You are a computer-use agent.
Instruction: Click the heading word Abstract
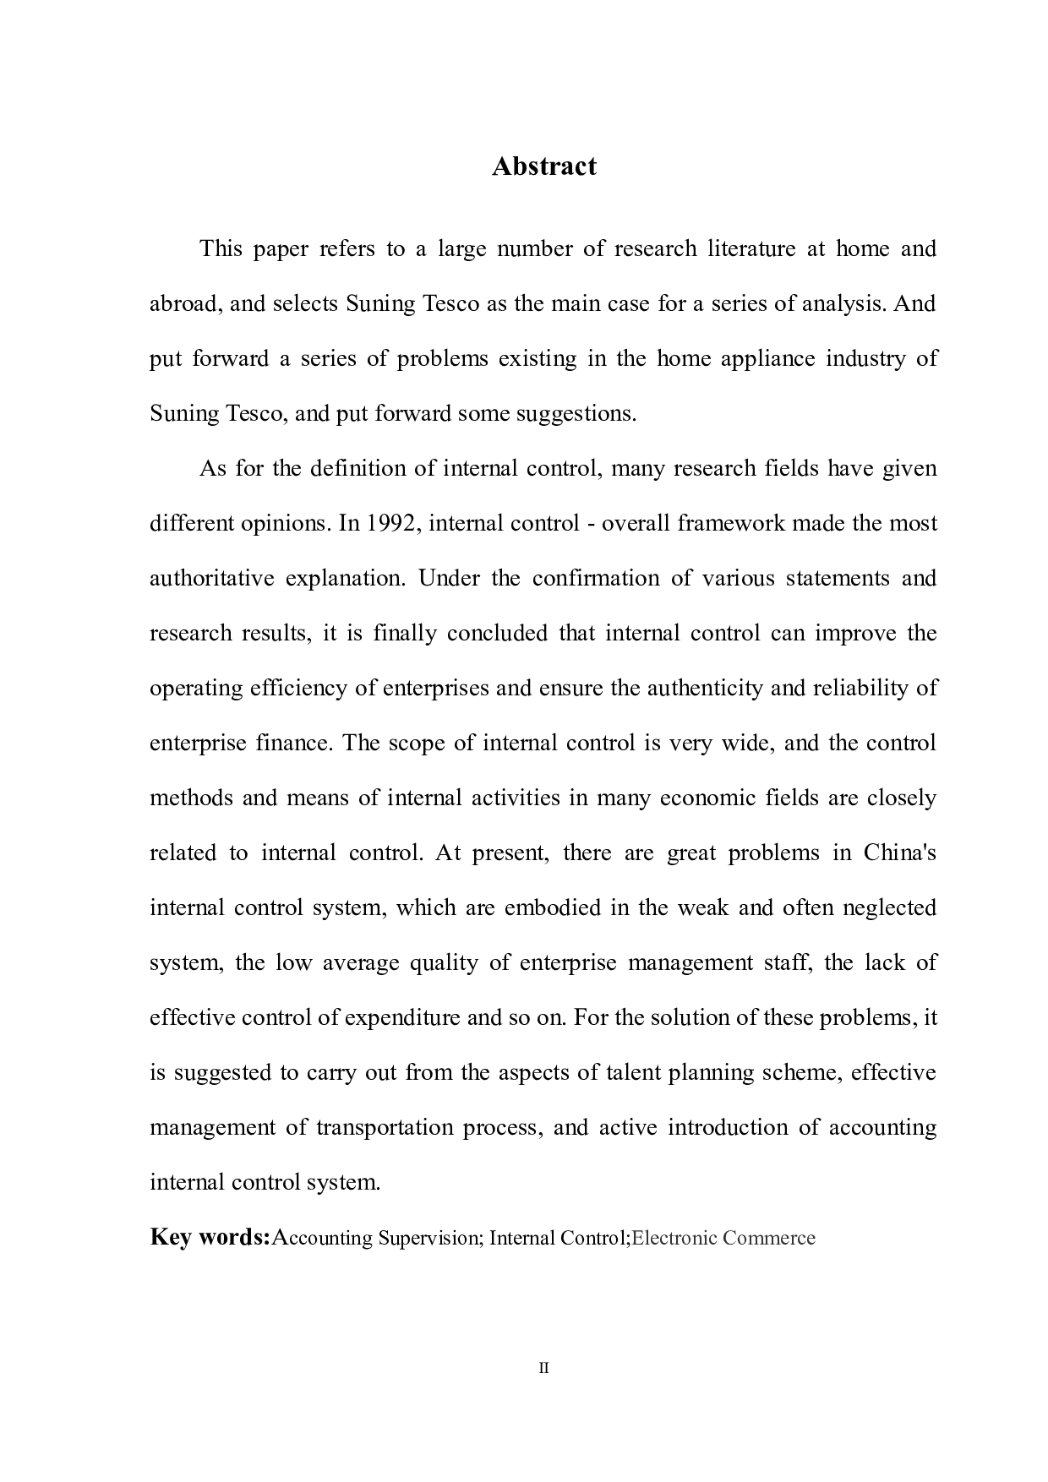click(543, 166)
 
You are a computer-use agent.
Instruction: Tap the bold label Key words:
click(210, 1237)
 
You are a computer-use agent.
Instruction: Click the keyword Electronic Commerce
click(723, 1238)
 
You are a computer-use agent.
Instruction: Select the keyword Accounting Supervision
click(376, 1238)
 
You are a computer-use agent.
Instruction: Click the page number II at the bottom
click(543, 1368)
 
